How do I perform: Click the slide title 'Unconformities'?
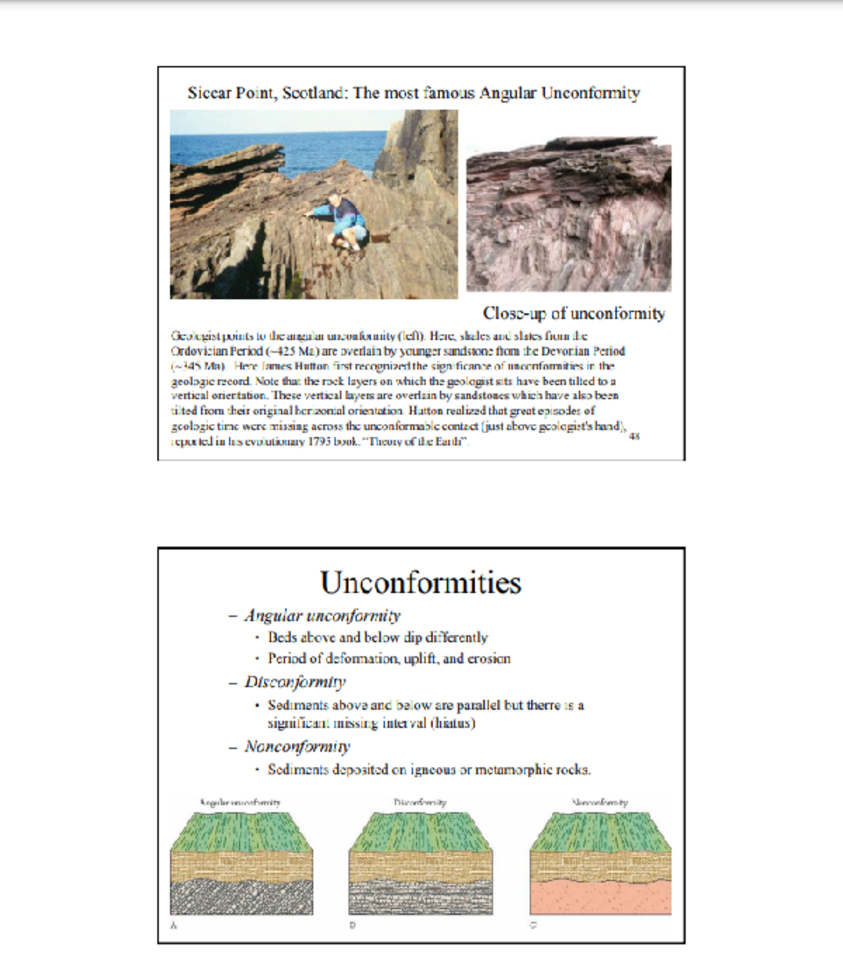(420, 582)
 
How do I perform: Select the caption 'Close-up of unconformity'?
(573, 313)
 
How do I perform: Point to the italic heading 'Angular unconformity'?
(322, 616)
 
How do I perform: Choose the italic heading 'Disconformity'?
(295, 682)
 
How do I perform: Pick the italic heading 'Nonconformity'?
(297, 746)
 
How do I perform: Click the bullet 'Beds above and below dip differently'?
(377, 637)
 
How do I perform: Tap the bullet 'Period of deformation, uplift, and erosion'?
(388, 658)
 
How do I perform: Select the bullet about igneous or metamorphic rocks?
(429, 769)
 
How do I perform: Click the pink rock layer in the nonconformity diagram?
(601, 897)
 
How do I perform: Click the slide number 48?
(634, 436)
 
